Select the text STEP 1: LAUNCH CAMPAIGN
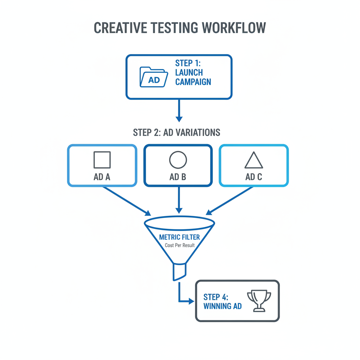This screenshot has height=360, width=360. (193, 72)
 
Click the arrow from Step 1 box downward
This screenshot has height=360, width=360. (179, 110)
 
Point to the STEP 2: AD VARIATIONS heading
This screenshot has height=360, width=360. (176, 133)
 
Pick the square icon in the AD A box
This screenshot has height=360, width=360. (102, 160)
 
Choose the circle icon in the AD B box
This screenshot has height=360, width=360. (178, 160)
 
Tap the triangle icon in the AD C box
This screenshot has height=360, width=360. (253, 161)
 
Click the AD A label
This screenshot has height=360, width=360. (102, 177)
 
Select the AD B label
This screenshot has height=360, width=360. (178, 177)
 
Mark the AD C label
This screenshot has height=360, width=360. (253, 177)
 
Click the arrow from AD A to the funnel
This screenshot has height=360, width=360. (127, 201)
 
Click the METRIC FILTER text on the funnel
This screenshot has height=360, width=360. (179, 237)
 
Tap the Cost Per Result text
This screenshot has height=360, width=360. (179, 245)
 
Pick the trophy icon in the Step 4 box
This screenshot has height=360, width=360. (259, 301)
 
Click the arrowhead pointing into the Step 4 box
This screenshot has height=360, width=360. (191, 301)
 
